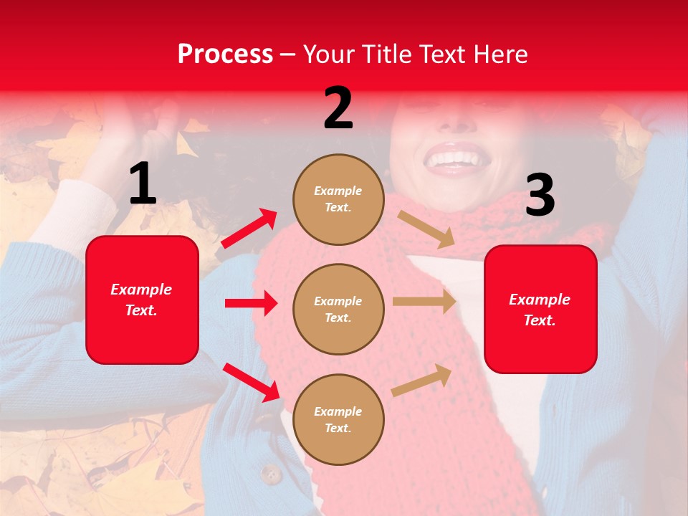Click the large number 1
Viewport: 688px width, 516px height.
pos(143,185)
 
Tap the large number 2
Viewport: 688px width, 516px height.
pos(338,108)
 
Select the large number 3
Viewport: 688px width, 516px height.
pos(540,195)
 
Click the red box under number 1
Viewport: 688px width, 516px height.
pos(142,300)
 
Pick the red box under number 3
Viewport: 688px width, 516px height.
pos(540,309)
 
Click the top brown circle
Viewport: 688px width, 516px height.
pos(338,199)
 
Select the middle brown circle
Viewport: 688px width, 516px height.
pos(338,309)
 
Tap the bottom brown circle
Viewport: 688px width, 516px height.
pos(338,419)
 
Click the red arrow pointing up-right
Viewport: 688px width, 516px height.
pos(249,229)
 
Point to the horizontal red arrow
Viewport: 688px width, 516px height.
pos(251,303)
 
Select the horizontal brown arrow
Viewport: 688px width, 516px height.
pos(424,302)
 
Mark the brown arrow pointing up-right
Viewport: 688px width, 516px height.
pos(422,380)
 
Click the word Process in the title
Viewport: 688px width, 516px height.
pos(225,54)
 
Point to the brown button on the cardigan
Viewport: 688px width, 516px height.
pos(270,474)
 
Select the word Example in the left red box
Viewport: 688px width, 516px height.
pos(141,290)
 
